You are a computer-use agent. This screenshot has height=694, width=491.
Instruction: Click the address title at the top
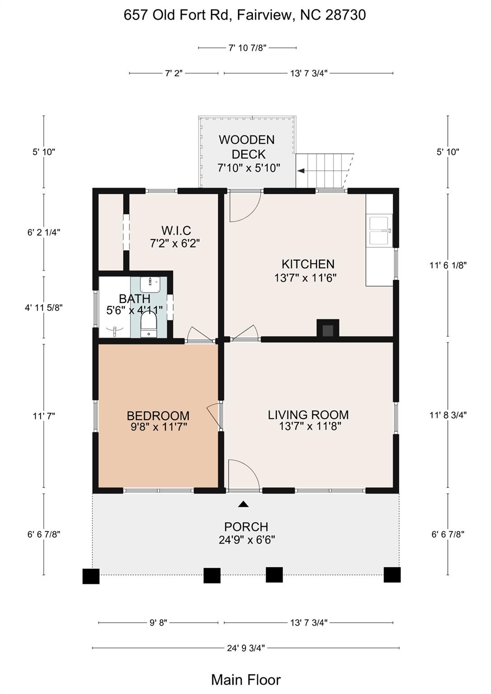245,15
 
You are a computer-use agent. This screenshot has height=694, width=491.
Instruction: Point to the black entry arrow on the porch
243,504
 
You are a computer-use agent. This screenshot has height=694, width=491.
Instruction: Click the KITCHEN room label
308,264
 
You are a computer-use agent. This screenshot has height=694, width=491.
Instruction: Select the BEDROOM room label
158,416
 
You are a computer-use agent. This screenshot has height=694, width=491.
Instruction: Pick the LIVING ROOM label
308,414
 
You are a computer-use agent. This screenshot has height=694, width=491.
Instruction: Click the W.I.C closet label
176,230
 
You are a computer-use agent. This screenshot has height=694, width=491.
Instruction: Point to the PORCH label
246,527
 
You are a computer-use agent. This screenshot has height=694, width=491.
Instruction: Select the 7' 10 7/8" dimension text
247,48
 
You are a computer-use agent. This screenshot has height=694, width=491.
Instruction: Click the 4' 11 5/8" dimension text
44,308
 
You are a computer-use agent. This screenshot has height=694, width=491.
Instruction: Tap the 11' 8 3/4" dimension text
448,415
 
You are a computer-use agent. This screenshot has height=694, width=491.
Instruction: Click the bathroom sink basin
150,285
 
